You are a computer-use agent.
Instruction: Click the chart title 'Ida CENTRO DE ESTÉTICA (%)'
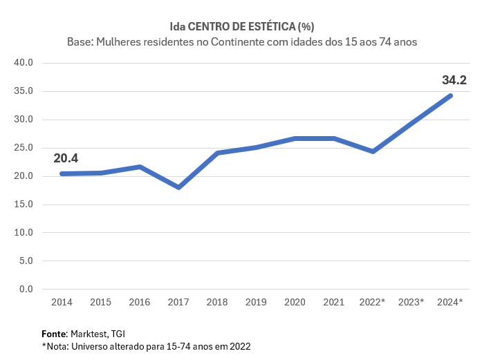[x=241, y=27]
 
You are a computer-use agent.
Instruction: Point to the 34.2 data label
[x=454, y=79]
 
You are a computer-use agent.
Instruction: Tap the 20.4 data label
[x=66, y=158]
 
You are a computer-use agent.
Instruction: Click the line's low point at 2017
[x=179, y=187]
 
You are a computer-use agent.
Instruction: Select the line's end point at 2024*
[x=451, y=95]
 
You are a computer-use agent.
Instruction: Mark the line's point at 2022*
[x=373, y=151]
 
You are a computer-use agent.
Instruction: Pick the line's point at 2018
[x=217, y=153]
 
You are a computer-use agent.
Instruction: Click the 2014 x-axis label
[x=62, y=302]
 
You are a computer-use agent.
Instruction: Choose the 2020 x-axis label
[x=295, y=302]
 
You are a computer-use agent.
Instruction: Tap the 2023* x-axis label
[x=411, y=302]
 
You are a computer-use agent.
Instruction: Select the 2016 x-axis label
[x=140, y=302]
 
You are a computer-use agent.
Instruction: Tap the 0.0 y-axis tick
[x=26, y=289]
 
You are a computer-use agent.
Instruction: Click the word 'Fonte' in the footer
[x=55, y=333]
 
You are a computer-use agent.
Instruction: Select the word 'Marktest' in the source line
[x=89, y=333]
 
